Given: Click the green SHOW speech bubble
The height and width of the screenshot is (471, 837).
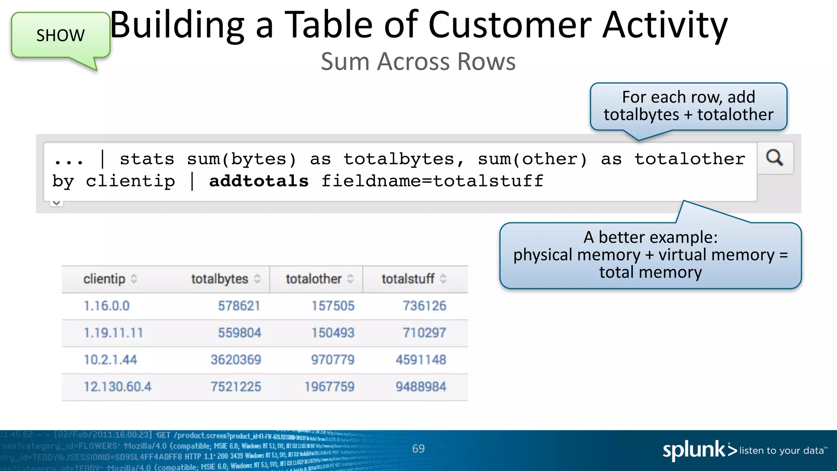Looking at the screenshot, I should click(60, 36).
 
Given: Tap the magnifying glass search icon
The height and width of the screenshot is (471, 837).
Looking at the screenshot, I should click(774, 158).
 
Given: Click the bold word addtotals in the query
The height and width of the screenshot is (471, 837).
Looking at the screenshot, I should click(259, 181).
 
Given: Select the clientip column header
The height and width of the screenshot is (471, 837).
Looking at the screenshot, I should click(105, 279).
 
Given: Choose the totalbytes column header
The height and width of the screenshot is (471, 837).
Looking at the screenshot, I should click(220, 279).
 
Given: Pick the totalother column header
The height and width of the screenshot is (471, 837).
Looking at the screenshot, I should click(313, 279).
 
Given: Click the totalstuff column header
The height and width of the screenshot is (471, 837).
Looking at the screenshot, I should click(408, 279).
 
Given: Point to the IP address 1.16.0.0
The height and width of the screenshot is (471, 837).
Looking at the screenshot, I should click(107, 306).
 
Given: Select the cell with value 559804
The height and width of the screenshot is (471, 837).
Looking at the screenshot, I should click(239, 333).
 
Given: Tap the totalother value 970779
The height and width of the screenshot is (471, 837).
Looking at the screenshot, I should click(333, 360).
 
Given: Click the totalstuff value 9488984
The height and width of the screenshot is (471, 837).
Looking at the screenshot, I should click(421, 387).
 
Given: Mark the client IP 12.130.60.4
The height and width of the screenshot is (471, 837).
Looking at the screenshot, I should click(118, 387).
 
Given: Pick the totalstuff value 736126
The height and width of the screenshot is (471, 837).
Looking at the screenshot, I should click(425, 306).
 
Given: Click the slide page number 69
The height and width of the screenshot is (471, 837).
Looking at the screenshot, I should click(418, 449).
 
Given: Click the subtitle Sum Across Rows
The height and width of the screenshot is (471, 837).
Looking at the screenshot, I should click(418, 62).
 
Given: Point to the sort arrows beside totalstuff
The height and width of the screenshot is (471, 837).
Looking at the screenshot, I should click(443, 279).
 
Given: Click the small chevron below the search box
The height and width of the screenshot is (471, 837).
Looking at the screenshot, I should click(56, 203).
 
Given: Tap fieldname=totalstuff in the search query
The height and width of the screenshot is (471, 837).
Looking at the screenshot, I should click(432, 181).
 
